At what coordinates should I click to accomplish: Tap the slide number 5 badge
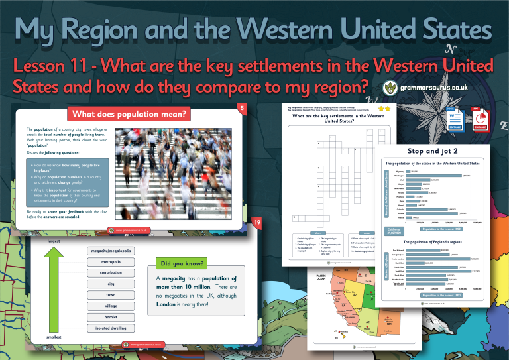[x=243, y=108]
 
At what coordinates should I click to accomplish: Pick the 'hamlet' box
[x=111, y=317]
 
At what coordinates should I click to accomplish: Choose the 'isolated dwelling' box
[x=111, y=328]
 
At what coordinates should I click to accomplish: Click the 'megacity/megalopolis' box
[x=111, y=249]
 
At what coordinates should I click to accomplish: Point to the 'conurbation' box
[x=111, y=272]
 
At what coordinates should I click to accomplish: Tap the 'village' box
[x=111, y=306]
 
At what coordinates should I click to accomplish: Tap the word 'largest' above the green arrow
[x=54, y=241]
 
